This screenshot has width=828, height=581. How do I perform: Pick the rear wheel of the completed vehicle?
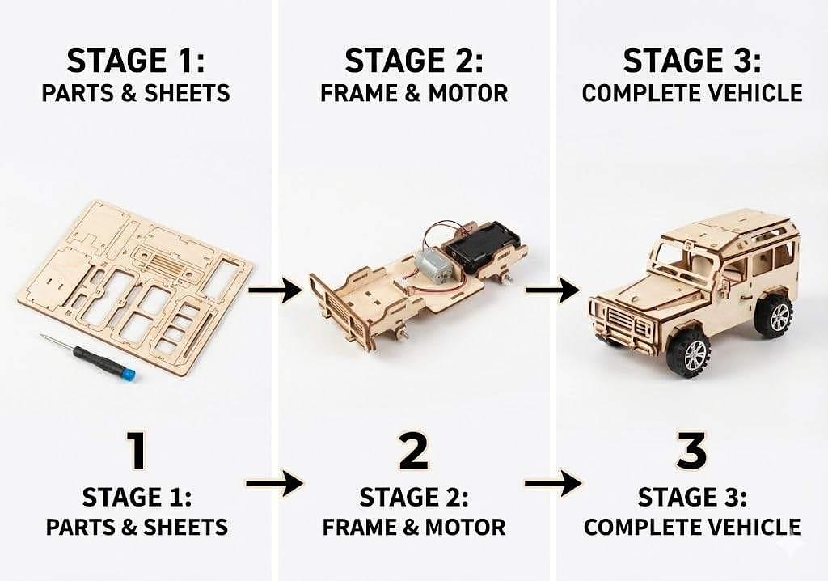775,316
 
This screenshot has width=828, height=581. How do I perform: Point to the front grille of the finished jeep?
627,324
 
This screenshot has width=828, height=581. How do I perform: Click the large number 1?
137,451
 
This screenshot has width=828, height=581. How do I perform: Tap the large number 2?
413,451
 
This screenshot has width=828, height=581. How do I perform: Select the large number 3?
692,451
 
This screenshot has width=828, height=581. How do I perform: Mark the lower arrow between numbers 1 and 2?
275,483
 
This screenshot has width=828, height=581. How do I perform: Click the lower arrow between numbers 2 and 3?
553,483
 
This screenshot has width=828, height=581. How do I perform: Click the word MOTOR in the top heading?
468,94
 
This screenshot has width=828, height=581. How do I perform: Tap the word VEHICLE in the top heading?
754,94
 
